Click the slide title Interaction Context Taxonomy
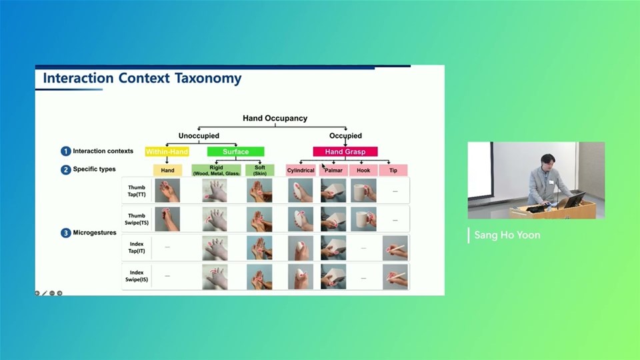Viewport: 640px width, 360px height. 142,79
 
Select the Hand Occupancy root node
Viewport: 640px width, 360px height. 275,118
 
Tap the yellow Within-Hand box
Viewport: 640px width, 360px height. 167,152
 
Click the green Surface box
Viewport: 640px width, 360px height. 235,152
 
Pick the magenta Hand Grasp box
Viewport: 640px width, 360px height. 345,152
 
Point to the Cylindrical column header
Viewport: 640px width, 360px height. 301,171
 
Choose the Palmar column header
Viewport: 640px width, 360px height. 333,171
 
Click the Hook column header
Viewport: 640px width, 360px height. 363,171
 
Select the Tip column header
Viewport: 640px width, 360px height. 393,171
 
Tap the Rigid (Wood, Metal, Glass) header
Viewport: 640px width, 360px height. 216,171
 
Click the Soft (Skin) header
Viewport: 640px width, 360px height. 259,171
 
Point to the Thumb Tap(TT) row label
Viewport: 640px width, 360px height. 137,191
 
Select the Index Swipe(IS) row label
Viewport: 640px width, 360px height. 137,276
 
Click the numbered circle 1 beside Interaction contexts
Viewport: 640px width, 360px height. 66,151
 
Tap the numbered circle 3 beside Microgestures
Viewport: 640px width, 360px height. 66,233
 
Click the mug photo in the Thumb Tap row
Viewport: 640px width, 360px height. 363,191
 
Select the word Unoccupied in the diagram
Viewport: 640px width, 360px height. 199,136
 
